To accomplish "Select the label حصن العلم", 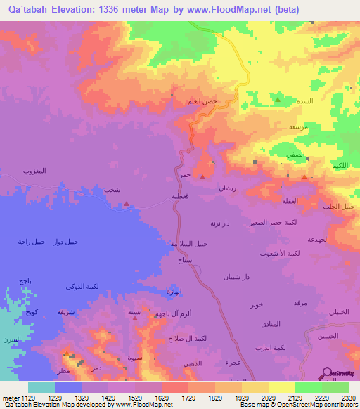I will tap(202, 101).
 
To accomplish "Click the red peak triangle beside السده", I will tap(278, 100).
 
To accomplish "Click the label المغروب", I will tap(34, 171).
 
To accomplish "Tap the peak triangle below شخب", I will tap(126, 204).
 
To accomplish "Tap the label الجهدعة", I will tap(319, 240).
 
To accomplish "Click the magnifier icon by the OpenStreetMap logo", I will tap(328, 374).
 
